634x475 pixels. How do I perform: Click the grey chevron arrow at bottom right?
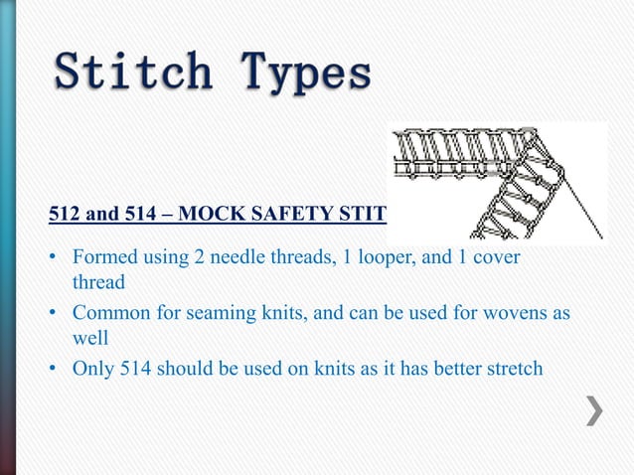tap(592, 409)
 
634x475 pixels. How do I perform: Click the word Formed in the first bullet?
tap(102, 258)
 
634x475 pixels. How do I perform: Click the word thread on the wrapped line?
tap(98, 282)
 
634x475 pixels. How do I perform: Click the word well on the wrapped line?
tap(89, 338)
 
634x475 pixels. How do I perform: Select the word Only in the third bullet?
tap(92, 369)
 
